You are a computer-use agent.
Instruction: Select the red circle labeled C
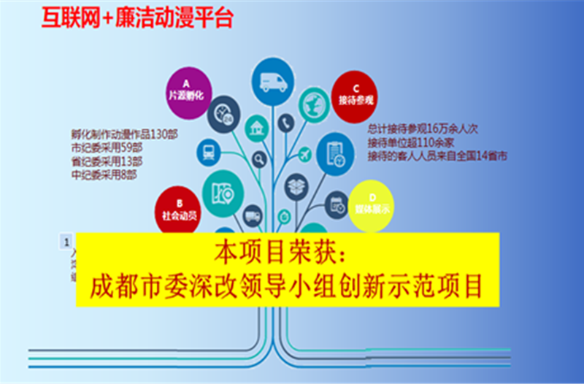tap(356, 93)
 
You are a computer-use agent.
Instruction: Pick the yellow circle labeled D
tap(370, 202)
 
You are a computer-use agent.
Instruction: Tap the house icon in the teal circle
tap(255, 132)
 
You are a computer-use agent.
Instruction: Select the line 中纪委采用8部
tap(103, 175)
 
